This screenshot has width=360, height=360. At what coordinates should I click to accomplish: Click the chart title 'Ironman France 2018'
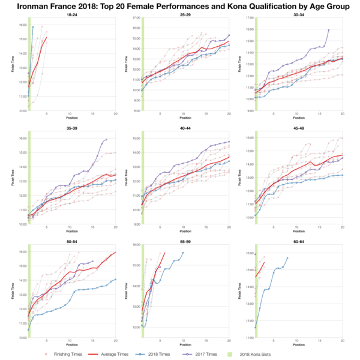click(180, 7)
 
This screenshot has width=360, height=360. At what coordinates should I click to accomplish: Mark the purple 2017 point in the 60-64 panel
click(256, 254)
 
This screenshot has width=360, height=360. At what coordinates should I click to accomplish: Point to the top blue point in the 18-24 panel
click(33, 26)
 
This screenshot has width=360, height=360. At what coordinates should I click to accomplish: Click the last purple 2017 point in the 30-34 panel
click(329, 29)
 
